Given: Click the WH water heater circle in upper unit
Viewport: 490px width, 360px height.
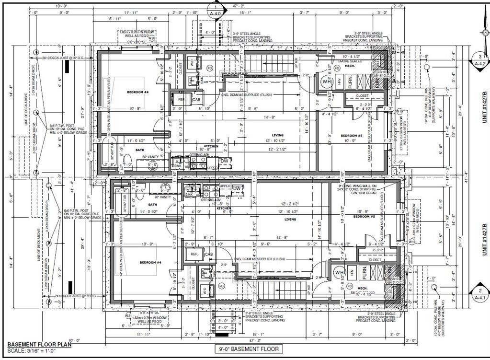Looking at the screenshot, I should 328,81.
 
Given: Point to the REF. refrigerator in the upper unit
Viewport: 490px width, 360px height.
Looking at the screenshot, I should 182,99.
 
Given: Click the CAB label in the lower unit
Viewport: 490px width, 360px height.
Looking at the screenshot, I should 209,254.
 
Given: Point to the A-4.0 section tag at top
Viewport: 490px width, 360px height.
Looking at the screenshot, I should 216,13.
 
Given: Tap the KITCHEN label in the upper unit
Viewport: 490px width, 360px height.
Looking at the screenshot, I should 211,146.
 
